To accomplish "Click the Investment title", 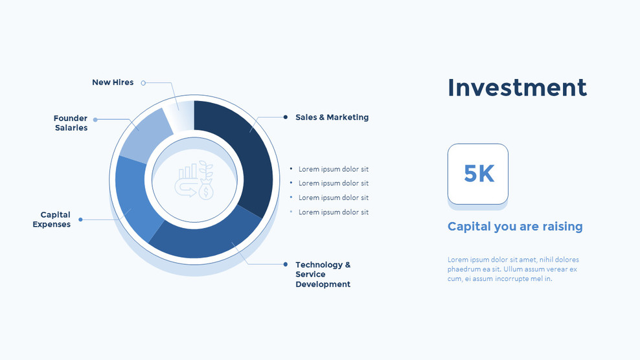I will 517,87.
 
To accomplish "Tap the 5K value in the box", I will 479,174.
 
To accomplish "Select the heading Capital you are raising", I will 515,227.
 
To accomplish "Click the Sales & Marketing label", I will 332,117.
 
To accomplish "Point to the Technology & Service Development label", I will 323,274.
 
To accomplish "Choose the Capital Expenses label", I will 52,219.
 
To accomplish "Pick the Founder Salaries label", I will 71,123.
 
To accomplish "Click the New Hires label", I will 113,82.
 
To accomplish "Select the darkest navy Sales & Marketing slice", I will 243,149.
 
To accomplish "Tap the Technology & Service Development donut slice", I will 207,240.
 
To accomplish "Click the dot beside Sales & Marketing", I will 286,117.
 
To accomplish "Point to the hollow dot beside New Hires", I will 143,83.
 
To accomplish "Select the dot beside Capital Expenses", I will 80,219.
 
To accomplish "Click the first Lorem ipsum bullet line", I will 333,169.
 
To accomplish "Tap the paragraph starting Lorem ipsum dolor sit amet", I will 512,269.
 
